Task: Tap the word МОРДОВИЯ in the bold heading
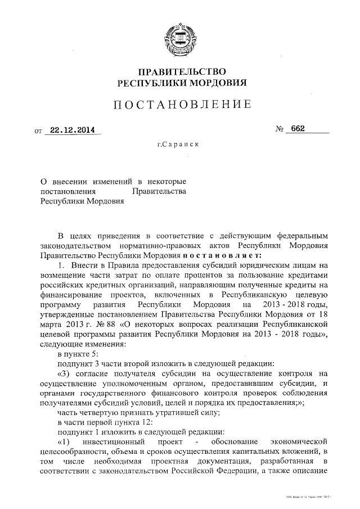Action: pyautogui.click(x=217, y=83)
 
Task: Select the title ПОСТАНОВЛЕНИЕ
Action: pyautogui.click(x=180, y=105)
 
